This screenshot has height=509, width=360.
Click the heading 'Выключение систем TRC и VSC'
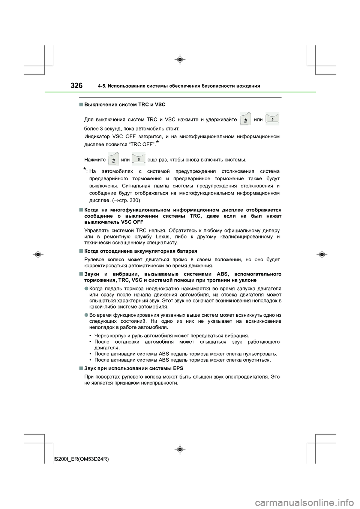point(125,104)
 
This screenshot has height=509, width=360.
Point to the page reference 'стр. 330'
point(130,200)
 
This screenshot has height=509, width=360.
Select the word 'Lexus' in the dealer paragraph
point(162,237)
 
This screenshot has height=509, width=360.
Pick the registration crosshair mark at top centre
point(180,59)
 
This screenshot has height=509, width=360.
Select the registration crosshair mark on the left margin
point(38,254)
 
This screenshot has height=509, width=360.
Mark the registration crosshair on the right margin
point(321,254)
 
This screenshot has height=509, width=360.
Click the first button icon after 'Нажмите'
point(113,159)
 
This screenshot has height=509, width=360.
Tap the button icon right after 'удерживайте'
point(245,119)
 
